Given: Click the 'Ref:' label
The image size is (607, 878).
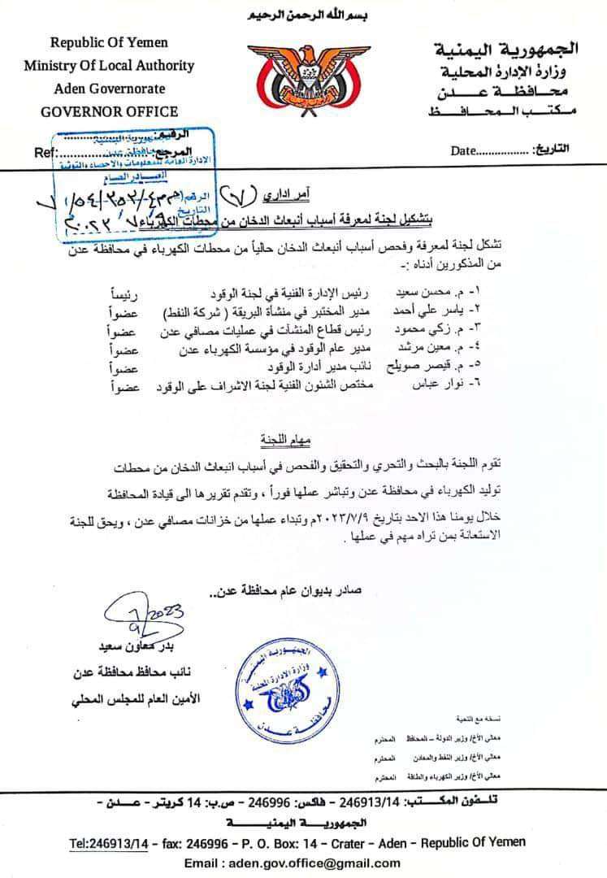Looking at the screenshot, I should (x=46, y=152).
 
